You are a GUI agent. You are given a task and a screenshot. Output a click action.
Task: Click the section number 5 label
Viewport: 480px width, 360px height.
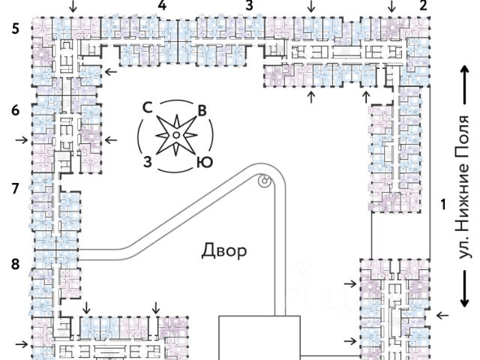[16, 28]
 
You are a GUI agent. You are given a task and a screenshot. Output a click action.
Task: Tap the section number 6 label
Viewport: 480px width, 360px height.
[16, 110]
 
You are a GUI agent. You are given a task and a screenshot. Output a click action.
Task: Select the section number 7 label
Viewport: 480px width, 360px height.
[16, 188]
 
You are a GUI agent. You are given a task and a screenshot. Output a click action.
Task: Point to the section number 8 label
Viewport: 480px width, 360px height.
[16, 264]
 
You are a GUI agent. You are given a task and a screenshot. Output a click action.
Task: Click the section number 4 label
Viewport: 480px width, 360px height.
[162, 5]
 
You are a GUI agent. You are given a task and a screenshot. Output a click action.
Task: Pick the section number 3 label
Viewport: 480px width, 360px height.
[250, 5]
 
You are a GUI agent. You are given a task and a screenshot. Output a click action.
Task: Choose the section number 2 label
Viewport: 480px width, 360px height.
[423, 5]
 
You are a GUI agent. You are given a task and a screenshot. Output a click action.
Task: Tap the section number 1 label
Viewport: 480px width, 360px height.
[443, 204]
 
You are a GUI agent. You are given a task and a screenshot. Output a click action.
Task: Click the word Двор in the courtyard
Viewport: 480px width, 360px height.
[224, 250]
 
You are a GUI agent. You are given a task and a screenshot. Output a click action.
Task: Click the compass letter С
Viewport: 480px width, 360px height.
[148, 108]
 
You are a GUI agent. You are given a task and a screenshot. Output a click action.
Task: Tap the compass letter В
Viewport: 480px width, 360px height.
[202, 110]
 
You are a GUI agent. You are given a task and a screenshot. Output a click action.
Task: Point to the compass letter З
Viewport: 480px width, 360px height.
[148, 162]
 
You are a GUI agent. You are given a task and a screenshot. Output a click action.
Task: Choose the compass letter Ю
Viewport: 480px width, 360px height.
[205, 162]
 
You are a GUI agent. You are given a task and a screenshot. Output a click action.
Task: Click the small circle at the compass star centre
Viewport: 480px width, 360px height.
[176, 135]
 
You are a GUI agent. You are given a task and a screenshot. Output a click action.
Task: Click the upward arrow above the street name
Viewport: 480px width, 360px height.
[465, 85]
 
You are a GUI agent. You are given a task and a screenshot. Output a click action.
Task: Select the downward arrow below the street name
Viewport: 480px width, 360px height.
[465, 289]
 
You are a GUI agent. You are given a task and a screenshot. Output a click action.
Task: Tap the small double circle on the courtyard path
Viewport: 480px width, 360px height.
[265, 181]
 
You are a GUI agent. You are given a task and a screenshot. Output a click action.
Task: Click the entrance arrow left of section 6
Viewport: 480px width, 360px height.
[22, 140]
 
